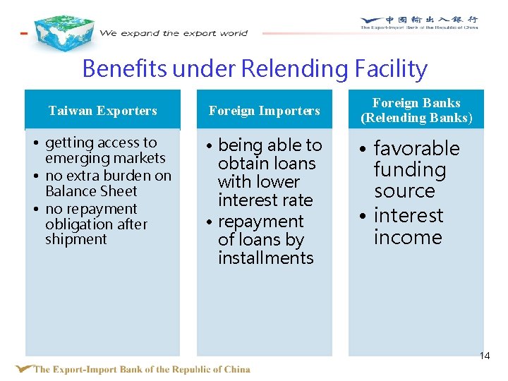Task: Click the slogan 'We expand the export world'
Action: click(x=174, y=33)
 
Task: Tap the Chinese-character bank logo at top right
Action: click(x=419, y=23)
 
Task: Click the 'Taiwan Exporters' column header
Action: click(x=102, y=111)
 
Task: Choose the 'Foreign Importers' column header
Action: click(x=264, y=111)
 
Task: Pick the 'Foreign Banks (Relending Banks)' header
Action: click(x=416, y=111)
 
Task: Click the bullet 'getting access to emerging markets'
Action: click(x=104, y=150)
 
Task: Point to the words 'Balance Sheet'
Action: click(x=91, y=191)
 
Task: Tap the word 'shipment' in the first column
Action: click(x=75, y=239)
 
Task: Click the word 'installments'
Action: click(x=266, y=258)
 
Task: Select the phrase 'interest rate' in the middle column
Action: click(x=265, y=200)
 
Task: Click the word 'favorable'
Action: click(x=416, y=149)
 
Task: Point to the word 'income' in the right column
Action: click(x=408, y=238)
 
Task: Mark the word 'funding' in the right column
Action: click(x=410, y=170)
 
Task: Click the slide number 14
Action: click(x=484, y=356)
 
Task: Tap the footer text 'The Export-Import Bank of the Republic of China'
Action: click(x=141, y=369)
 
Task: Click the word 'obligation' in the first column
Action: click(x=96, y=224)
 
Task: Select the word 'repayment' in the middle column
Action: click(x=260, y=222)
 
